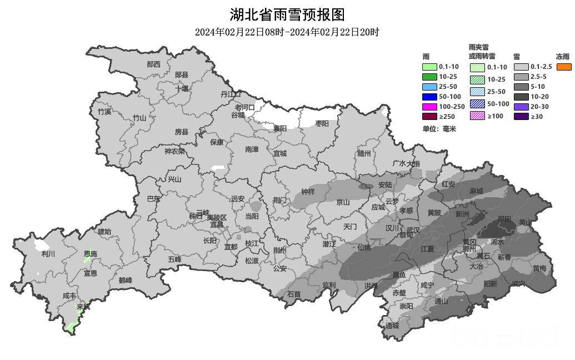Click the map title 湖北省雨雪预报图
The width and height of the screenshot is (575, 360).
(x=287, y=14)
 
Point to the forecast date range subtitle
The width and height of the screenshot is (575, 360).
(x=287, y=32)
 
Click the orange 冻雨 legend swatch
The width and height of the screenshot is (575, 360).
(x=564, y=67)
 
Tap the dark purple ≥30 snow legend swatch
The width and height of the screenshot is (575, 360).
(x=521, y=117)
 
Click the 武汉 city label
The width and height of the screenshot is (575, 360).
(x=413, y=229)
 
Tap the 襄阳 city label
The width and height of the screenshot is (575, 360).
(x=280, y=128)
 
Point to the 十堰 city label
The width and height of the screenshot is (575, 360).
(x=182, y=88)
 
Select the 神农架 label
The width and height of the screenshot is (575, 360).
(x=174, y=151)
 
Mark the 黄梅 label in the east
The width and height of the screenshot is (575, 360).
(x=539, y=268)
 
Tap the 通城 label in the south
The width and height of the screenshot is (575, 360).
(x=392, y=326)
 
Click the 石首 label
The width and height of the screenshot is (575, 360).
(x=294, y=294)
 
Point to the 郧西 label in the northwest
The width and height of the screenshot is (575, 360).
(x=154, y=64)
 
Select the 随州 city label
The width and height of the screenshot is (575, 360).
(x=364, y=154)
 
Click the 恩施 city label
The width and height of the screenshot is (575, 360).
(x=90, y=254)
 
